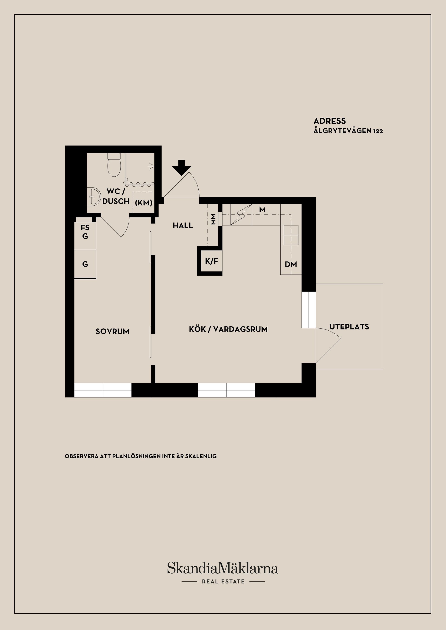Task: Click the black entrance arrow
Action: click(181, 167)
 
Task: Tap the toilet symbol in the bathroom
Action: click(114, 165)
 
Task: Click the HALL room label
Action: click(183, 226)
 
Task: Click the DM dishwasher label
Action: click(291, 265)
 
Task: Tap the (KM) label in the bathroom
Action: click(144, 203)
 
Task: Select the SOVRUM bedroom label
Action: click(112, 331)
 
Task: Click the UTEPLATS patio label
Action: click(349, 327)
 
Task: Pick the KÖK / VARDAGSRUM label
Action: click(228, 329)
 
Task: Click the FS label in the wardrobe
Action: click(85, 227)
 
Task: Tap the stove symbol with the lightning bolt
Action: click(241, 215)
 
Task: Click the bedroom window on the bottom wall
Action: click(103, 390)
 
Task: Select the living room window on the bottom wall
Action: click(226, 390)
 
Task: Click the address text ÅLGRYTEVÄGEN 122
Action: click(348, 131)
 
